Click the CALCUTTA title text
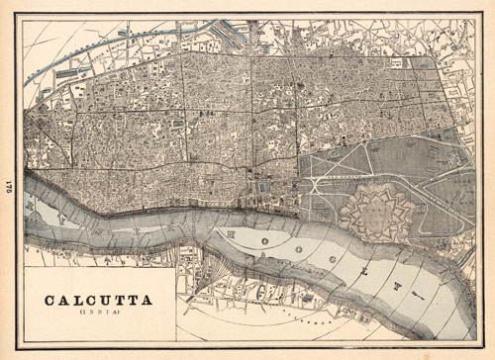95,298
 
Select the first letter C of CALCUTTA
48,298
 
